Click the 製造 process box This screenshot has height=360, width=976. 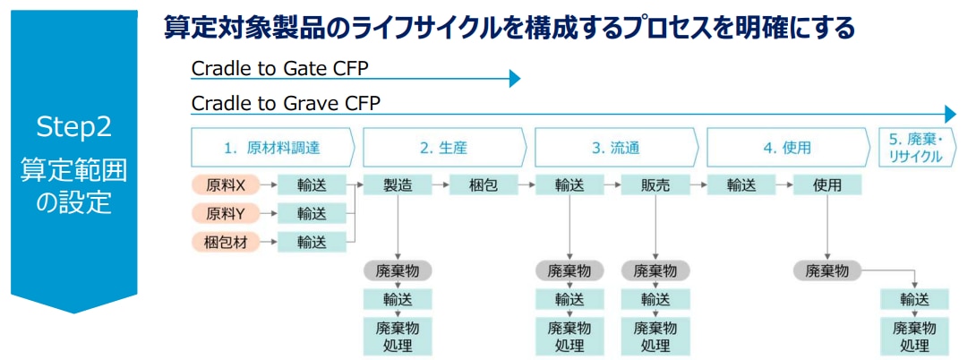pos(398,185)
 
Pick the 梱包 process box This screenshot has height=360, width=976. pos(483,185)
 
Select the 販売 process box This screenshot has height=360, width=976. pos(655,185)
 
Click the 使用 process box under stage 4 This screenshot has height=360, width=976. pos(826,185)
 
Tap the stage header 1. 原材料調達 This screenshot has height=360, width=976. pos(273,149)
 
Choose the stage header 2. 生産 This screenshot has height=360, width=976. pos(444,149)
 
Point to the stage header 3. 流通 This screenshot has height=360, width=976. pos(616,149)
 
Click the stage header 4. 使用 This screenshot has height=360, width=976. pos(788,149)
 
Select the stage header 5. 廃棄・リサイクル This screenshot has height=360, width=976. pos(915,149)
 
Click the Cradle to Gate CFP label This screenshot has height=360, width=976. pos(279,68)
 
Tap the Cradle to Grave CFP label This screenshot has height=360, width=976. pos(285,103)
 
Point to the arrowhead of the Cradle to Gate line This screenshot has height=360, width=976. pos(514,79)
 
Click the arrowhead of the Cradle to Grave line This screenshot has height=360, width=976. pos(950,114)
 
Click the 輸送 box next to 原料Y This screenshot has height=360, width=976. pos(312,213)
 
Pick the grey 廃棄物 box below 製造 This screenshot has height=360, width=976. pos(398,271)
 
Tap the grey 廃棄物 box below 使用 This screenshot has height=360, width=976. pos(826,271)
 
